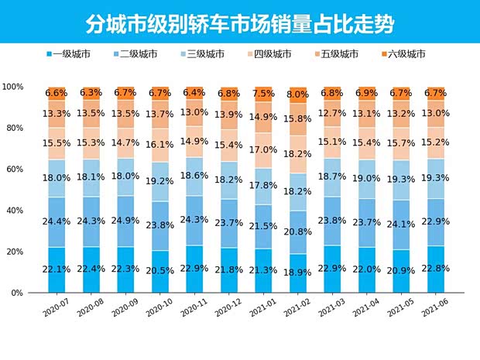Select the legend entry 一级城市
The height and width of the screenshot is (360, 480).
click(x=70, y=54)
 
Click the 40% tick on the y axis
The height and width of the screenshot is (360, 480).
click(x=13, y=211)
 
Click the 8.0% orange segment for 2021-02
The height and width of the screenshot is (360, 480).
click(x=297, y=95)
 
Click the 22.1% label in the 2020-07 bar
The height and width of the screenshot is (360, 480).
click(x=57, y=268)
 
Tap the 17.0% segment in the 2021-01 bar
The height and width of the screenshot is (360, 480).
click(x=263, y=150)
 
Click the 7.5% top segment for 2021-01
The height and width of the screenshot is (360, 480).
click(x=263, y=94)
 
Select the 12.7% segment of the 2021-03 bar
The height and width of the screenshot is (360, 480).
click(x=332, y=114)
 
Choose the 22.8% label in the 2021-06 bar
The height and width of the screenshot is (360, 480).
click(x=436, y=268)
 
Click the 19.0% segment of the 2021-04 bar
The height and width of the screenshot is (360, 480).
click(x=366, y=178)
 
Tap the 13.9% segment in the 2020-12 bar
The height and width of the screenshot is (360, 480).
click(x=228, y=114)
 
